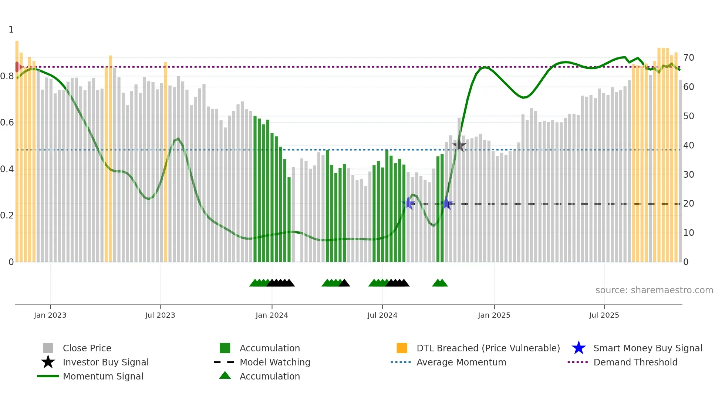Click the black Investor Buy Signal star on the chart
pyautogui.click(x=459, y=145)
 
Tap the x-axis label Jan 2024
pyautogui.click(x=272, y=315)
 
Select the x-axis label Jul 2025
pyautogui.click(x=604, y=315)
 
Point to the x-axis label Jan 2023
pyautogui.click(x=50, y=315)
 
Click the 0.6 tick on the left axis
pyautogui.click(x=7, y=123)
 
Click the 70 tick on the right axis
pyautogui.click(x=688, y=58)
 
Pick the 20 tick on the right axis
pyautogui.click(x=688, y=204)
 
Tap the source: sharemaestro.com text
pyautogui.click(x=654, y=290)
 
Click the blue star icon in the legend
pyautogui.click(x=579, y=348)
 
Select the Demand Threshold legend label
pyautogui.click(x=635, y=362)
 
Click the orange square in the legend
pyautogui.click(x=402, y=348)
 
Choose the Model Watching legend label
pyautogui.click(x=275, y=362)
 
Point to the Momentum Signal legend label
pyautogui.click(x=103, y=376)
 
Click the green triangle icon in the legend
pyautogui.click(x=225, y=375)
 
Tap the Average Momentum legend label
pyautogui.click(x=461, y=362)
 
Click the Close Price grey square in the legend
pyautogui.click(x=48, y=348)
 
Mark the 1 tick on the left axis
pyautogui.click(x=11, y=30)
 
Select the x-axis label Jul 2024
pyautogui.click(x=382, y=315)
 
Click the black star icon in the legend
pyautogui.click(x=48, y=362)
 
